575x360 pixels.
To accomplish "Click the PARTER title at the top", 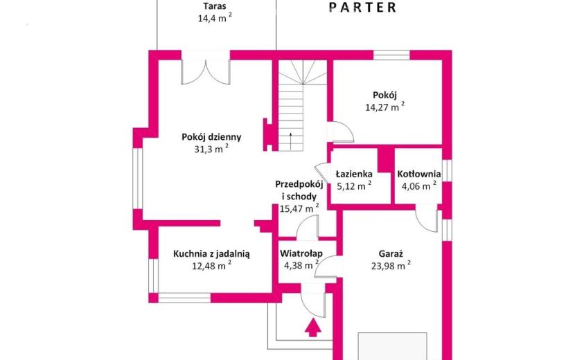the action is (363, 8).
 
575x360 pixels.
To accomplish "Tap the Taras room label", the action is (215, 6).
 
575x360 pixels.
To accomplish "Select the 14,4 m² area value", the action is (215, 17).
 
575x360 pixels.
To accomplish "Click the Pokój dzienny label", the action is (211, 137).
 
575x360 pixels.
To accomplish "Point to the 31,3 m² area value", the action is (211, 148).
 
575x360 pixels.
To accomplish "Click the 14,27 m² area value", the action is (384, 107).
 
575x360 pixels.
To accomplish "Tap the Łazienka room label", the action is (354, 174).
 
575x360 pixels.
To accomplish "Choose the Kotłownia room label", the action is (419, 174).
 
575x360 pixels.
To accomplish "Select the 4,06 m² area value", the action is (419, 186).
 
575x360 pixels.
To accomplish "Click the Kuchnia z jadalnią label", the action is (211, 253).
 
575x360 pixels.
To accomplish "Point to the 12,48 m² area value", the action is (211, 265).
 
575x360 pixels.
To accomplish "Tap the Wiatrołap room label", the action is (301, 253).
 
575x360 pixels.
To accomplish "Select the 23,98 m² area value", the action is (391, 265).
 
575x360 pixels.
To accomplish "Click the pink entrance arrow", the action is (313, 327).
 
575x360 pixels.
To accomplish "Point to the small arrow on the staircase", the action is (290, 141).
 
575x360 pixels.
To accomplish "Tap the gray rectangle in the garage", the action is (392, 346).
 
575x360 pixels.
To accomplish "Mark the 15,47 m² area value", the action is (299, 208).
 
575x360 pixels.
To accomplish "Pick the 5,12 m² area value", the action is (354, 186).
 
